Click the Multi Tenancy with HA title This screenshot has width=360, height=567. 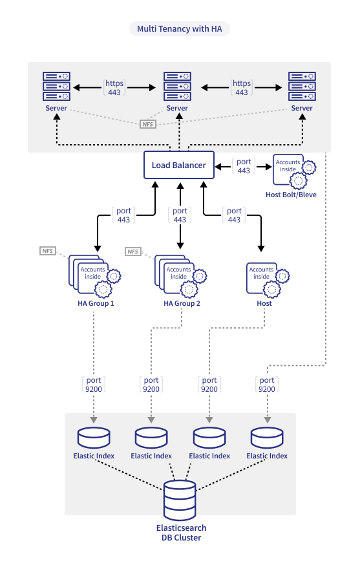pyautogui.click(x=179, y=29)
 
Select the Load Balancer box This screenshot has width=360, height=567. pyautogui.click(x=179, y=165)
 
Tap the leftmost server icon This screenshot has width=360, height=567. pyautogui.click(x=56, y=86)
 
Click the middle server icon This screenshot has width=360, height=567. pyautogui.click(x=177, y=86)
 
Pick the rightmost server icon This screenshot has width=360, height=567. pyautogui.click(x=302, y=86)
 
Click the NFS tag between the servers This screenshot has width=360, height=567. pyautogui.click(x=148, y=124)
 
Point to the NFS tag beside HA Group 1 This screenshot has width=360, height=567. pyautogui.click(x=48, y=251)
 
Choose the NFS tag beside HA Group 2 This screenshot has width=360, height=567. pyautogui.click(x=133, y=251)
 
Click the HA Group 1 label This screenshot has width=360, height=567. pyautogui.click(x=96, y=303)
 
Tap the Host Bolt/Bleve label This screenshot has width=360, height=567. pyautogui.click(x=291, y=195)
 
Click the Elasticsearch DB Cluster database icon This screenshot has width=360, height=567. pyautogui.click(x=180, y=500)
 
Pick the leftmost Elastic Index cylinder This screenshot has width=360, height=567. pyautogui.click(x=94, y=438)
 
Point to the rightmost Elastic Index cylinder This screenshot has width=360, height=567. pyautogui.click(x=267, y=438)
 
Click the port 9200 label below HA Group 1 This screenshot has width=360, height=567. pyautogui.click(x=94, y=385)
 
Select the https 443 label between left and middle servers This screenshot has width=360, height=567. pyautogui.click(x=114, y=87)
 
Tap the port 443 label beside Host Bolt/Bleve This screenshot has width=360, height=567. pyautogui.click(x=244, y=166)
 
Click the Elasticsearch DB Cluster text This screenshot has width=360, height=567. pyautogui.click(x=181, y=533)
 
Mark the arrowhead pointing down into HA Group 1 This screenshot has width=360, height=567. pyautogui.click(x=98, y=248)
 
